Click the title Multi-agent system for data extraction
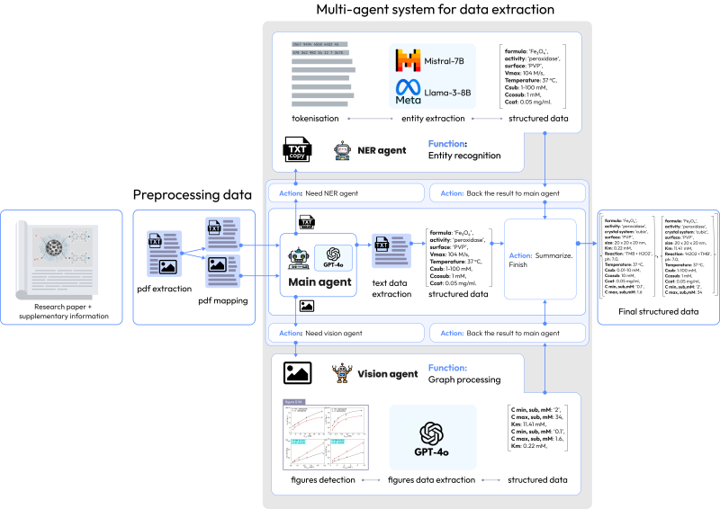(x=436, y=10)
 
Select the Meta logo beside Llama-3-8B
(x=409, y=94)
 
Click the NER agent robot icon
(x=342, y=149)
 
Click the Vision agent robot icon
(x=342, y=372)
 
